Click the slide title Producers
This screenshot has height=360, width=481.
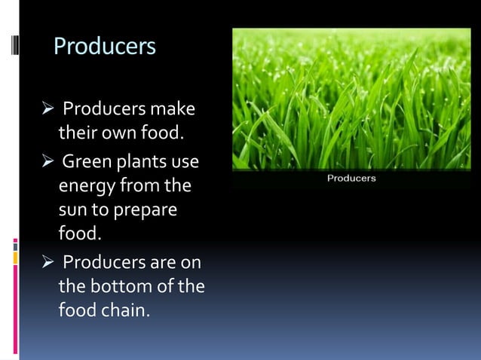pyautogui.click(x=105, y=47)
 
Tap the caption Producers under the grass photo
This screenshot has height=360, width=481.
pyautogui.click(x=351, y=178)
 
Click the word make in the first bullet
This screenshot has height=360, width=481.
pyautogui.click(x=173, y=109)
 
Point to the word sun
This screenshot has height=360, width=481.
pyautogui.click(x=73, y=210)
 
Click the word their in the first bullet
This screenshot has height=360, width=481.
pyautogui.click(x=75, y=135)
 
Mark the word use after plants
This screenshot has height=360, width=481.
pyautogui.click(x=185, y=162)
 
